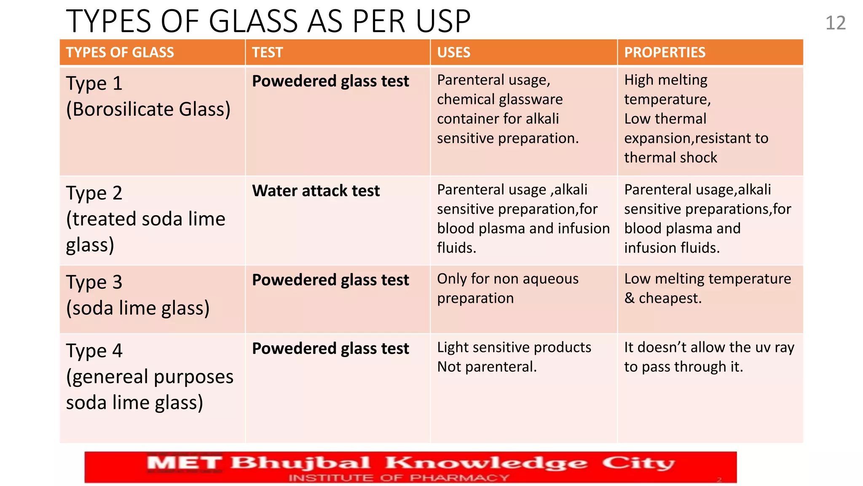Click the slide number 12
835,23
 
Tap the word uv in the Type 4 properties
763,347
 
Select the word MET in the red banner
184,464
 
